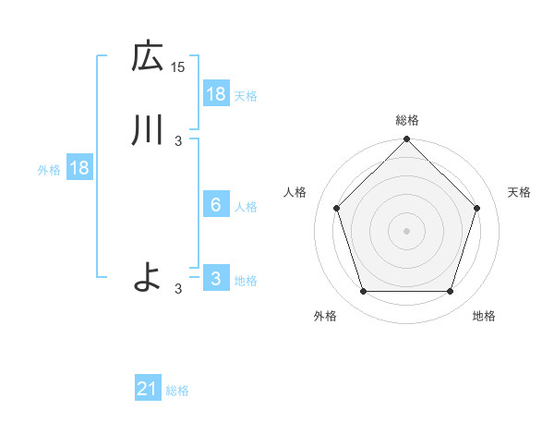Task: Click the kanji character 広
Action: pos(148,57)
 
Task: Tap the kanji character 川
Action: pos(148,130)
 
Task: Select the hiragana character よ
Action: pos(148,276)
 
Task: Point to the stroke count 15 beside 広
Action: pos(178,67)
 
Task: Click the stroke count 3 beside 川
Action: pos(178,140)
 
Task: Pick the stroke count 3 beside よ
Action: pos(178,288)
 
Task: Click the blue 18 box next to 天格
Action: pos(215,93)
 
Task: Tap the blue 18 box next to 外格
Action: pos(79,169)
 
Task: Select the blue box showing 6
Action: pos(215,205)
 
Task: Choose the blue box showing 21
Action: pos(148,390)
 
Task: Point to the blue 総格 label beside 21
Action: pos(177,391)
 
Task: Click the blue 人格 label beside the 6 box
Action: pos(247,206)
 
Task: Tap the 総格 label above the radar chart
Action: pos(407,120)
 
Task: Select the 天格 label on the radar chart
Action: pos(519,192)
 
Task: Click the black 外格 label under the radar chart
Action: pos(325,316)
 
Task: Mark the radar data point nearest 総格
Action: pos(407,140)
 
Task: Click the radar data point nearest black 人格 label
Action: pos(336,208)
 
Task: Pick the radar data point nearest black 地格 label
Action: pos(450,292)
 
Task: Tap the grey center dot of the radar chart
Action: pos(406,230)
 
